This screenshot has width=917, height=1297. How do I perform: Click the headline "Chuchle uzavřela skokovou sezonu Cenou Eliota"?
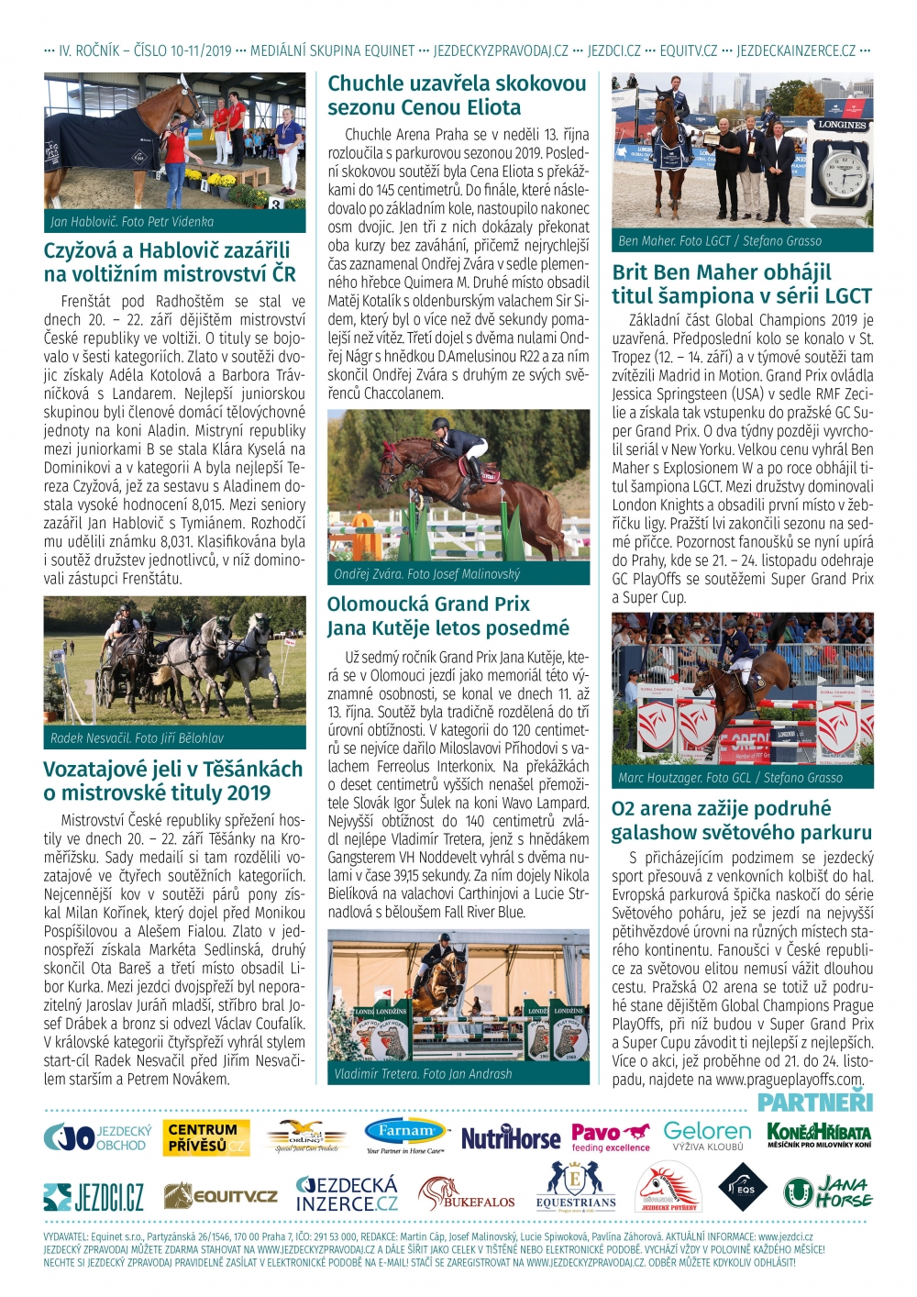(457, 95)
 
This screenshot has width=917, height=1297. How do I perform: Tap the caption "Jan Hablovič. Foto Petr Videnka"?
(132, 222)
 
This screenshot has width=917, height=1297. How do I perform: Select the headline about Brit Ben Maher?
(741, 284)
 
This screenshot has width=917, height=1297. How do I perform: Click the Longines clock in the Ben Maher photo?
(841, 171)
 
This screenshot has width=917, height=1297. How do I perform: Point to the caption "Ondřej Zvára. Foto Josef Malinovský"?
(426, 574)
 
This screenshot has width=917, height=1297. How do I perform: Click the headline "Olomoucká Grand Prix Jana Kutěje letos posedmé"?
(447, 616)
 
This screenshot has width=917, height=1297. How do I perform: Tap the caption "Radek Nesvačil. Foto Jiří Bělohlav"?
(137, 737)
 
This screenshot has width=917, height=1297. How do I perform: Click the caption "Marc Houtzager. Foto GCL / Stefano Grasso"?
(730, 778)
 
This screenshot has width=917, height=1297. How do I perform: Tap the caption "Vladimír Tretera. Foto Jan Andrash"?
(423, 1073)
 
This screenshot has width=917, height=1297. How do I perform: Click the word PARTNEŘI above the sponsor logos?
(814, 1102)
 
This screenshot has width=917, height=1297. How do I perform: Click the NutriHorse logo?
(510, 1138)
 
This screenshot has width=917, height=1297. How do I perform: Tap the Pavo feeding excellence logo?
(611, 1137)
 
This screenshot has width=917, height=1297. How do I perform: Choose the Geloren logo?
(707, 1136)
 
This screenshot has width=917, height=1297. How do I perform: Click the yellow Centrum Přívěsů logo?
(206, 1137)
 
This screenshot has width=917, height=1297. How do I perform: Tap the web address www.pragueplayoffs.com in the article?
(790, 1080)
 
